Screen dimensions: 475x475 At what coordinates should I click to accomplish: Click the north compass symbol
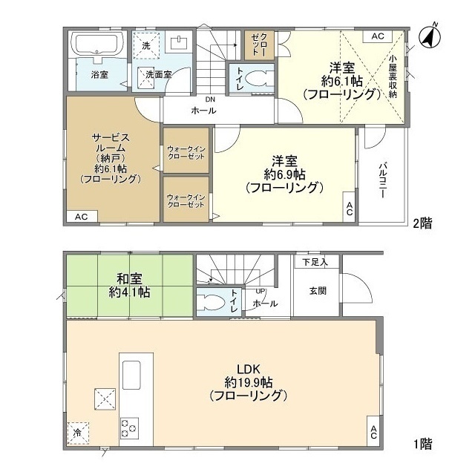pos(430,37)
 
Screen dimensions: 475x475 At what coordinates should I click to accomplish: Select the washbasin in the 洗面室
pos(180,42)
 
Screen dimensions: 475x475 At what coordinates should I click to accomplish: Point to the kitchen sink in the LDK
pos(131,375)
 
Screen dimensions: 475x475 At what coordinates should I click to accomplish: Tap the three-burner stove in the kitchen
pos(129,428)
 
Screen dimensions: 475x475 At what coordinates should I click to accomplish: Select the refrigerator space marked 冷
pos(78,433)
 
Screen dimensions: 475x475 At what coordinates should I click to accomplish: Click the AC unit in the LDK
pos(373,431)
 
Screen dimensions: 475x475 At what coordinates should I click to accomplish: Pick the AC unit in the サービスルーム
pos(82,217)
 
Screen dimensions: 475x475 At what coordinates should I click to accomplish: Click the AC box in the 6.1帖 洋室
pos(378,36)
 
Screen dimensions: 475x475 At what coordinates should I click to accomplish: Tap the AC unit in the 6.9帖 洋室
pos(349,208)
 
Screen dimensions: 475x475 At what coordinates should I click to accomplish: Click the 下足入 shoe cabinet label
pos(315,262)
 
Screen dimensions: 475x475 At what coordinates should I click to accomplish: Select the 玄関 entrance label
pos(318,291)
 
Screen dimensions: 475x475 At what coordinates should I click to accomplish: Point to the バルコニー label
pos(383,181)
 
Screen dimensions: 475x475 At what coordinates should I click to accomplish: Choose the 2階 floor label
pos(422,223)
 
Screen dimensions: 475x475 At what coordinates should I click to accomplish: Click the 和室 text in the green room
pos(129,278)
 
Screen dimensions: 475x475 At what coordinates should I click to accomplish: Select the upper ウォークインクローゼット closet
pos(186,151)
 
